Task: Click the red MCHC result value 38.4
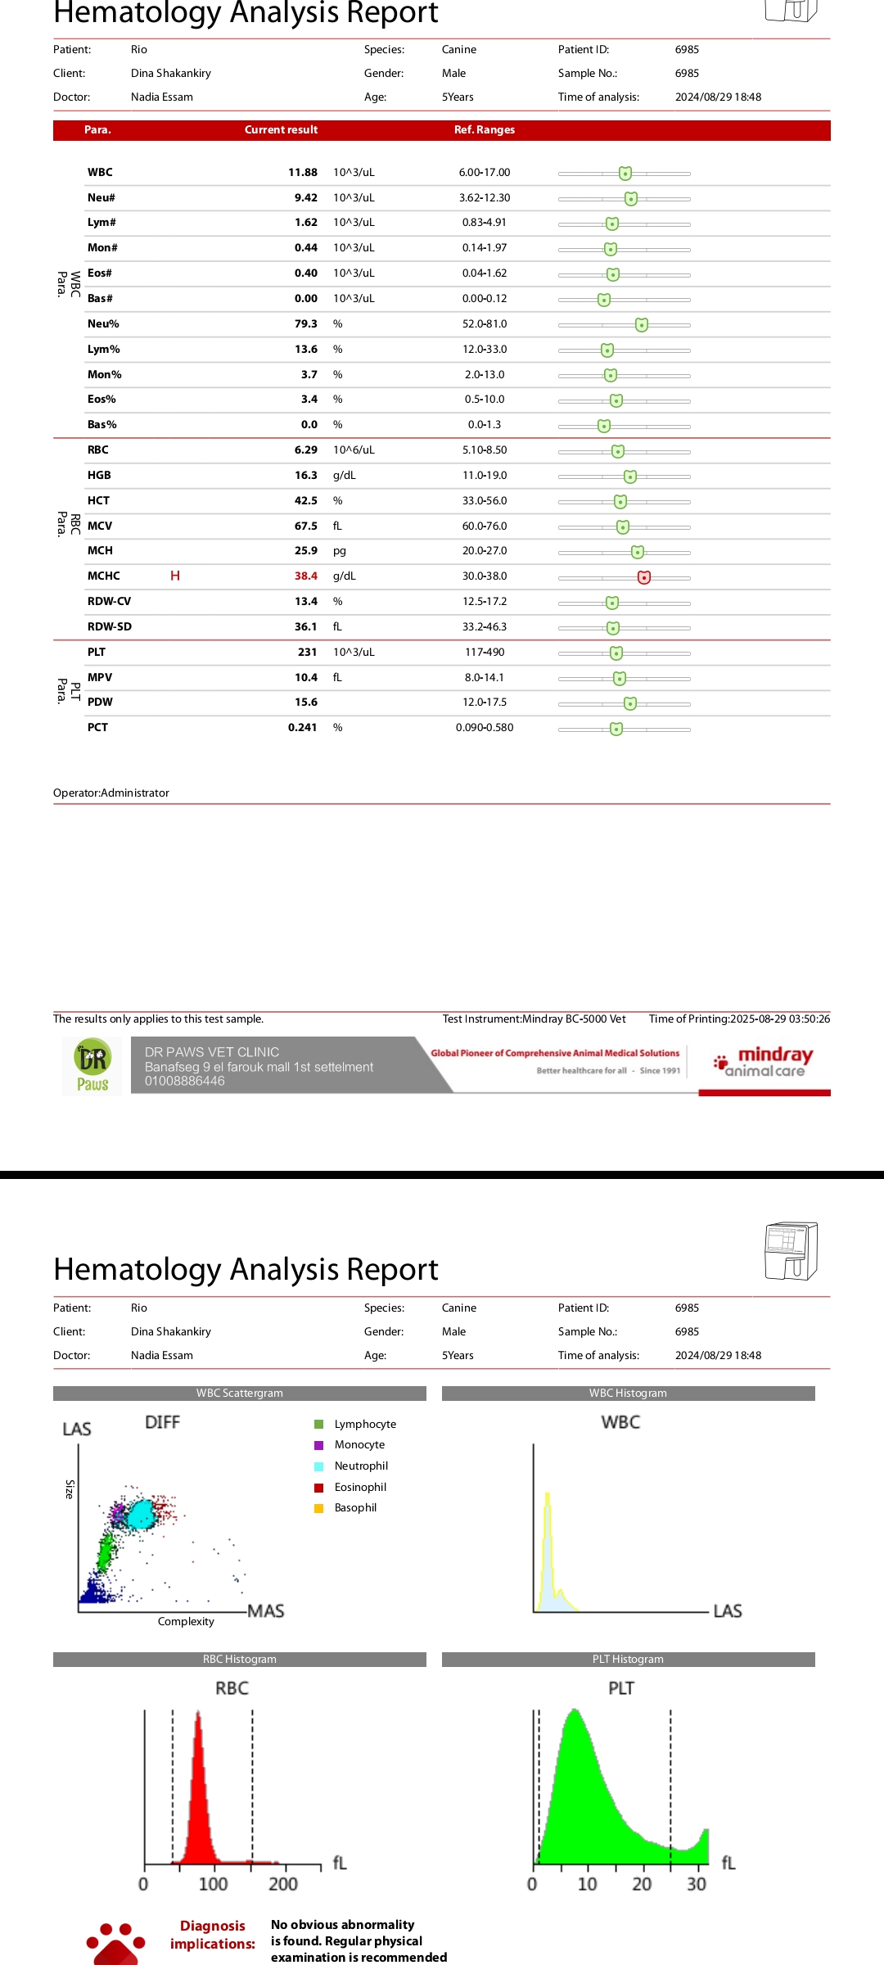pos(305,576)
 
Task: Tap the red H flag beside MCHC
pos(175,576)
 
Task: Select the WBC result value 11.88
pos(303,173)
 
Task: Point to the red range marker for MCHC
pos(644,577)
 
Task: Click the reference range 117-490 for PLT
pos(485,653)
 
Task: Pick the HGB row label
pos(99,476)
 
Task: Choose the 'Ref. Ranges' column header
pos(485,130)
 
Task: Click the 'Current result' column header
pos(281,130)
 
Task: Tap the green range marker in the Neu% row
pos(642,325)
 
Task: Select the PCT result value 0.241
pos(302,728)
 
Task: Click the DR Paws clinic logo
pos(92,1066)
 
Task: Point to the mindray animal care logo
pos(764,1062)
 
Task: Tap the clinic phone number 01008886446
pos(185,1081)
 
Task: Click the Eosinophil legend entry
pos(360,1487)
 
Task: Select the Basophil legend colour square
pos(319,1508)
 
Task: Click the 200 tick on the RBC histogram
pos(283,1884)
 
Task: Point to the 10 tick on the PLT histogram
pos(587,1884)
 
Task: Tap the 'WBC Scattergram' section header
pos(240,1394)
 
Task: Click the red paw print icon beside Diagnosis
pos(116,1943)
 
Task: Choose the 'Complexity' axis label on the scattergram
pos(186,1622)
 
